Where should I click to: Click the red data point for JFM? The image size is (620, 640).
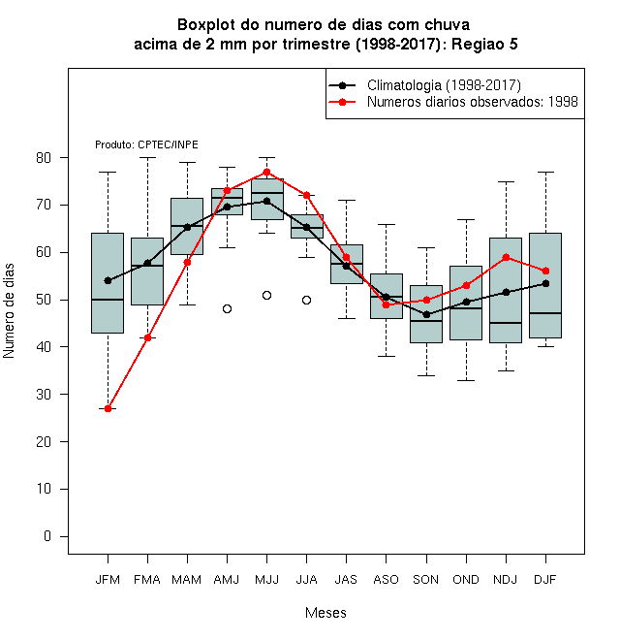pos(108,408)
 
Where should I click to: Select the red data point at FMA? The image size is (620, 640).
pos(147,337)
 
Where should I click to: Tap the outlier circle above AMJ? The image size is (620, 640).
pos(228,308)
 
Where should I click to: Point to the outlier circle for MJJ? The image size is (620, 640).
pos(266,295)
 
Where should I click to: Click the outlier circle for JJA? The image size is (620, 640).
pos(307,300)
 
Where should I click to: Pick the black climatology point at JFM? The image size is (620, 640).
pos(108,280)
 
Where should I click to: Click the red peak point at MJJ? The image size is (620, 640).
pos(266,172)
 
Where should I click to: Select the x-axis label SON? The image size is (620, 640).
pos(426,580)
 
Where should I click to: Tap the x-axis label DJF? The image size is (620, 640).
pos(545,580)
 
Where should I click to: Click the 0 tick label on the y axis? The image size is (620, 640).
pos(47,536)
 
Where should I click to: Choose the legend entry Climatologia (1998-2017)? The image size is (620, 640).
pos(444,85)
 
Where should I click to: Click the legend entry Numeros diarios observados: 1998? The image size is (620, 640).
pos(473,102)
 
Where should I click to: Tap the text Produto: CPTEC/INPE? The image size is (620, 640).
pos(146,144)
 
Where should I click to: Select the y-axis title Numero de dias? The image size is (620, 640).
pos(9,311)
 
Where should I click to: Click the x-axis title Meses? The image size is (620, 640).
pos(325,613)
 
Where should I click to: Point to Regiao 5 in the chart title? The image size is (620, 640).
pos(484,44)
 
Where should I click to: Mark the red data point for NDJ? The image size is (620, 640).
pos(507,257)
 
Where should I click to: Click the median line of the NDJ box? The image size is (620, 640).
pos(506,323)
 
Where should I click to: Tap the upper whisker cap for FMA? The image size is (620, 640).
pos(147,157)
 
